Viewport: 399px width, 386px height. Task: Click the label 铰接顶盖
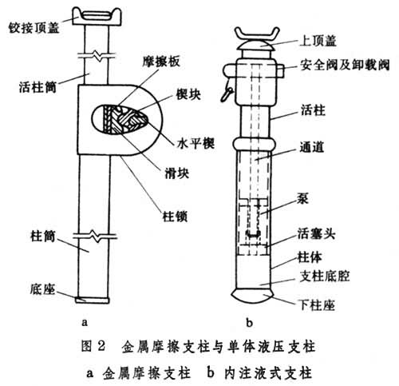point(34,28)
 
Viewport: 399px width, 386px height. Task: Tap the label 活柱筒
point(38,87)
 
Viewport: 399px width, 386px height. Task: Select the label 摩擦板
point(161,62)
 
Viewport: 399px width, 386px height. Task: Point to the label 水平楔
point(196,144)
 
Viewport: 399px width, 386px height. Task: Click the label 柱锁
point(175,216)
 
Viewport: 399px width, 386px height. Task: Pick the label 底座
point(42,289)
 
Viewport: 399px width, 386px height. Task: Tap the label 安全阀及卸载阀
point(345,65)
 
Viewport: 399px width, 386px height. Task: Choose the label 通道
point(312,147)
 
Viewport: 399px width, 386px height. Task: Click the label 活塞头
point(317,234)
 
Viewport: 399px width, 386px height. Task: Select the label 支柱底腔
point(325,277)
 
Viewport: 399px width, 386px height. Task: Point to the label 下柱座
point(317,305)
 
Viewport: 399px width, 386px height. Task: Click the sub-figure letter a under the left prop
point(85,323)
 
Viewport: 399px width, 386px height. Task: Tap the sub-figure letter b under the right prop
point(249,323)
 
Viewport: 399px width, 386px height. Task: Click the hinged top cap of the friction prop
point(97,17)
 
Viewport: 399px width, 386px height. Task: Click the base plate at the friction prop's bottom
point(92,300)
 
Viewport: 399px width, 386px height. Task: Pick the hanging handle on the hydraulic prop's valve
point(226,91)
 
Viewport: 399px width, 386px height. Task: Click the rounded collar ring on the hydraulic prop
point(254,145)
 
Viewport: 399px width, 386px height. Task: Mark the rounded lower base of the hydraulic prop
point(253,296)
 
